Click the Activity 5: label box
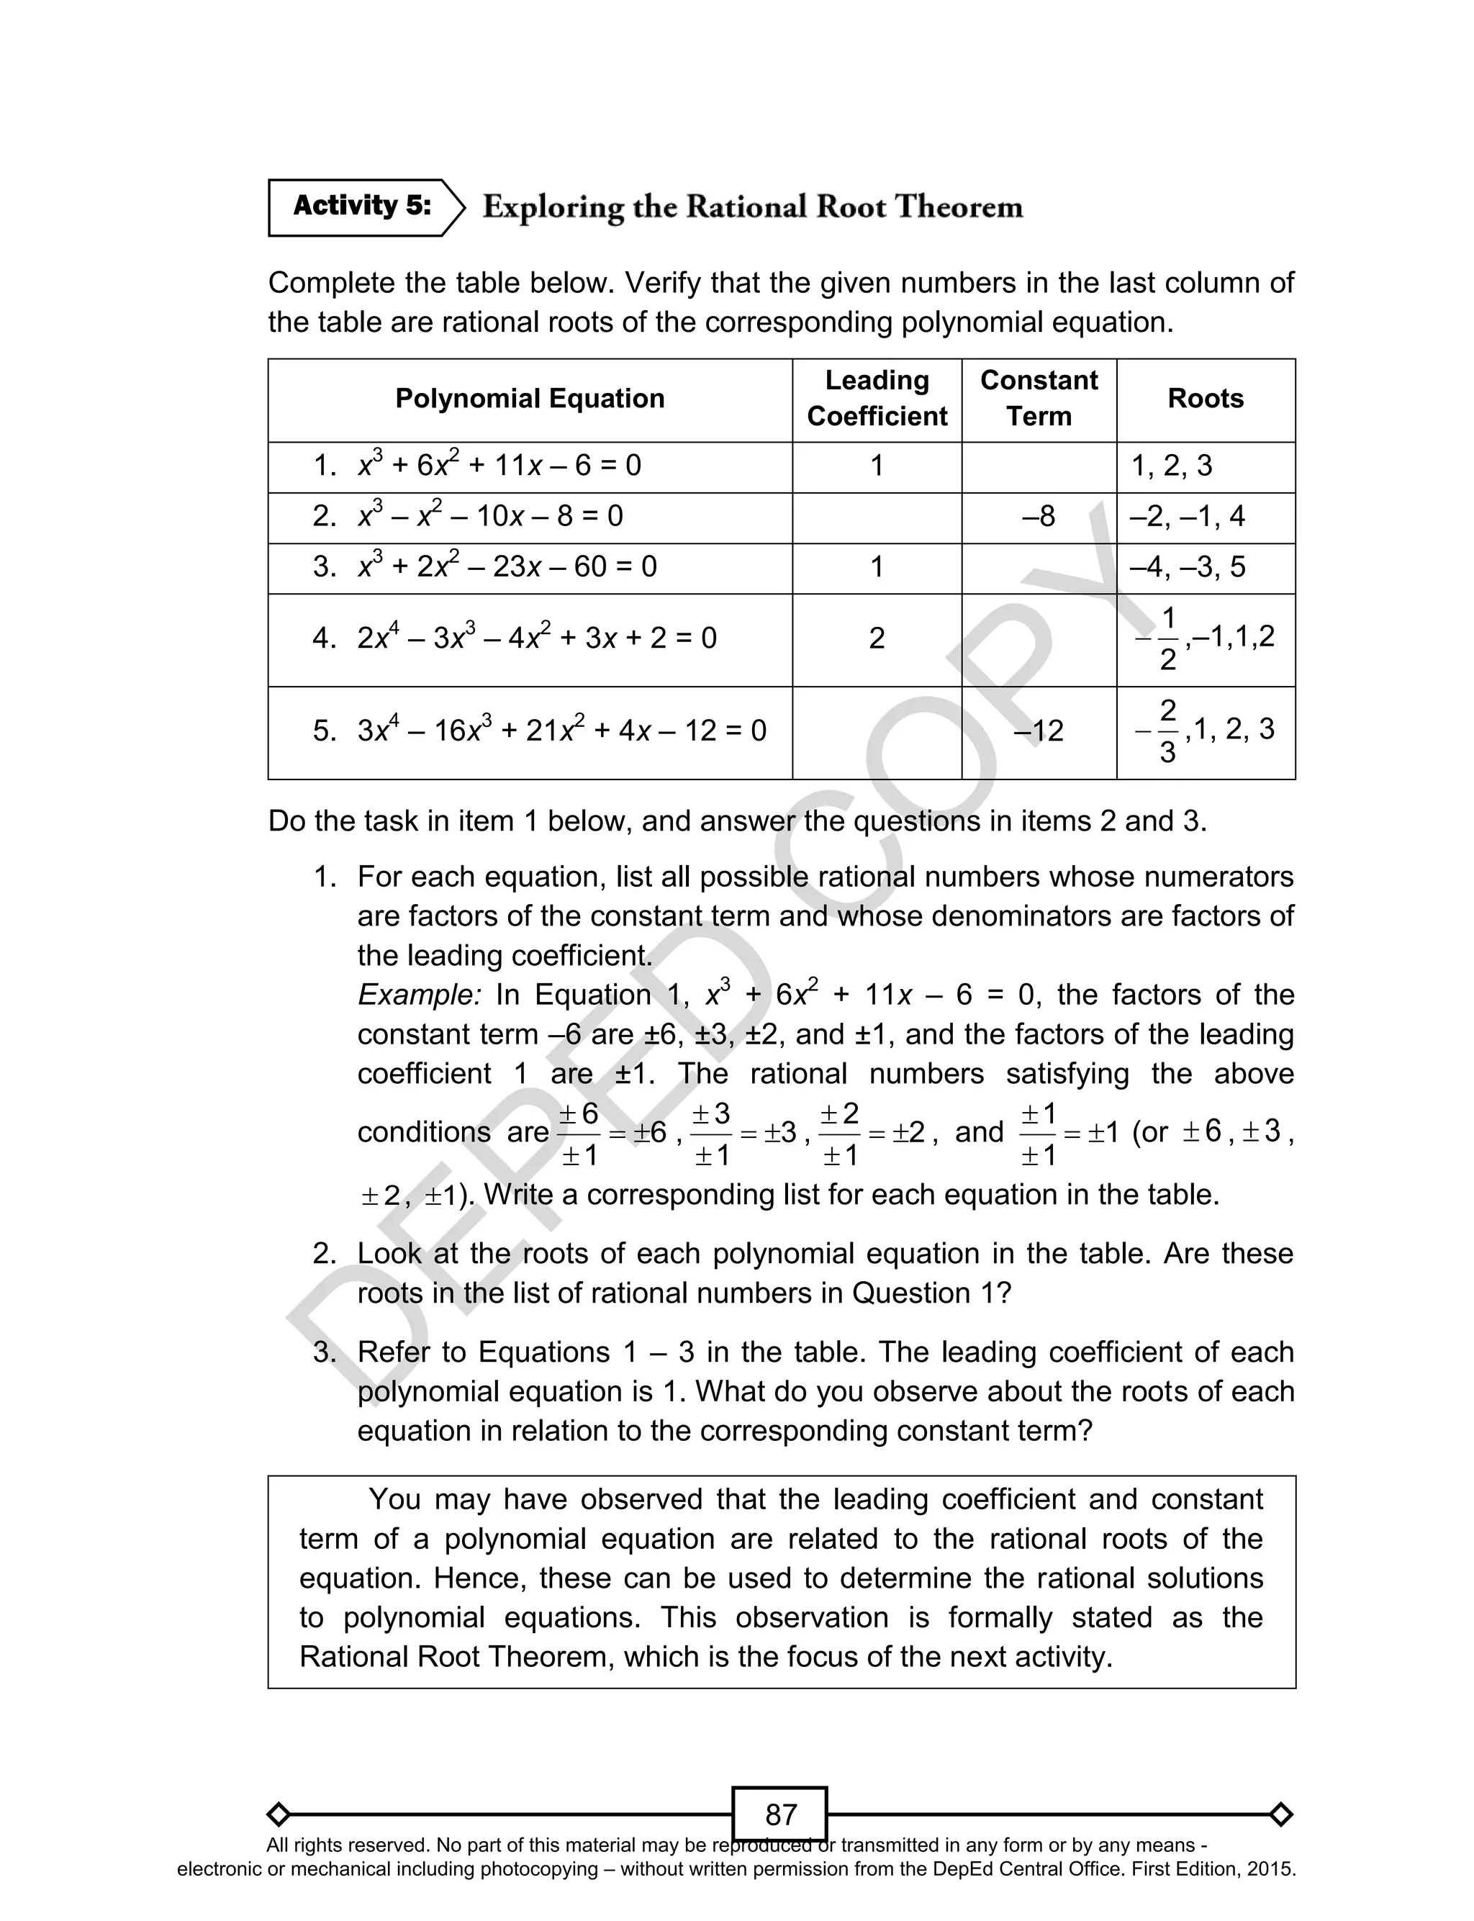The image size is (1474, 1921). (361, 207)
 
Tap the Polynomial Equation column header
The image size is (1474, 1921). (529, 399)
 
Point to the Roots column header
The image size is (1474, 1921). (1206, 399)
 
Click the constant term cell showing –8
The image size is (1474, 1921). (1039, 517)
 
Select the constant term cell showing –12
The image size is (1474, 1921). (1039, 731)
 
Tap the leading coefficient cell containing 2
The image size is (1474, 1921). (877, 638)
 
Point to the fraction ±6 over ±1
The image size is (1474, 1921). (579, 1134)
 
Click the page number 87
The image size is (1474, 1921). (780, 1814)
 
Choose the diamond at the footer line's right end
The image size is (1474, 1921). (1280, 1814)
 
